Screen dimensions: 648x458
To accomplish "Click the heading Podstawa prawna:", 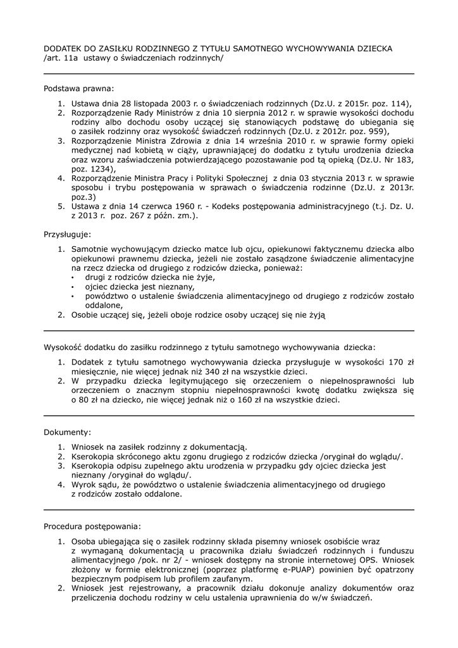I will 79,89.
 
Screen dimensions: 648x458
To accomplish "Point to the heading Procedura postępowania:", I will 92,526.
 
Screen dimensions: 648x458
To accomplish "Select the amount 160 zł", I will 241,400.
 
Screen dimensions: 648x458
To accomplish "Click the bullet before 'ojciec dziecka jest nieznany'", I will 71,287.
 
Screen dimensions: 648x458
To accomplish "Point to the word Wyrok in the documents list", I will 84,485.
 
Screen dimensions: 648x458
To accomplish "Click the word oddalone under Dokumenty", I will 162,494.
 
